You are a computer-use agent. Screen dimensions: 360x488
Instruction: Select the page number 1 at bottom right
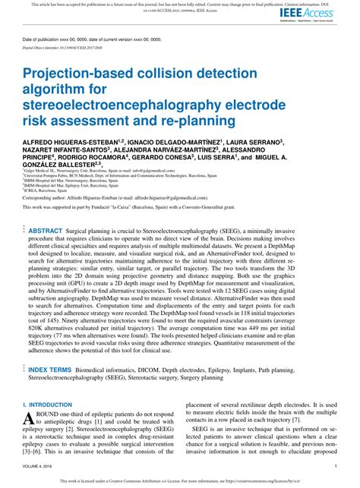[x=335, y=466]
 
